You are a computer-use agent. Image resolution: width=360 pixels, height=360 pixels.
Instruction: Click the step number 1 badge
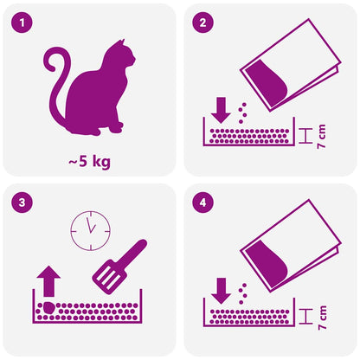click(22, 22)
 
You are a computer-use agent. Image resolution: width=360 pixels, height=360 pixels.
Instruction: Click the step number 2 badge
click(202, 22)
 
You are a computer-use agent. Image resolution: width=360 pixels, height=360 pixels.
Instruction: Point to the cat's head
click(119, 61)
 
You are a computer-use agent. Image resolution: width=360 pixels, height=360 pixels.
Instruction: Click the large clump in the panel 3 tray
click(48, 306)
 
